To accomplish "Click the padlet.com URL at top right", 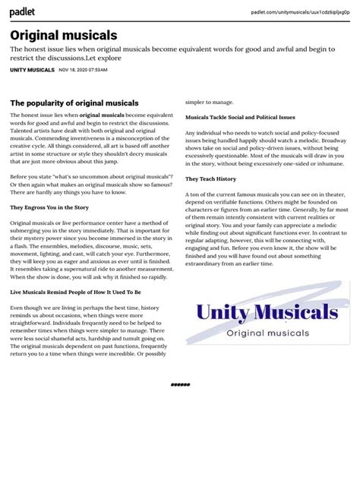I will [301, 12].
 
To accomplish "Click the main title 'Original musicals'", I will [64, 35].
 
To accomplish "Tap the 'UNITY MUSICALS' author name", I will [32, 70].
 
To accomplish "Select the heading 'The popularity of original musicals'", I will [74, 103].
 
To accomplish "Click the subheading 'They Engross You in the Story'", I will [48, 207].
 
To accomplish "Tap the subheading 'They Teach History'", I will [211, 179].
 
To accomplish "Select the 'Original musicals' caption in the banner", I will [267, 333].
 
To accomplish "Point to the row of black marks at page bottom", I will [180, 385].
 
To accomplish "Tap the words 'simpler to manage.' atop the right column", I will [210, 100].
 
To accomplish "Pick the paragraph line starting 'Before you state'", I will [92, 176].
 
